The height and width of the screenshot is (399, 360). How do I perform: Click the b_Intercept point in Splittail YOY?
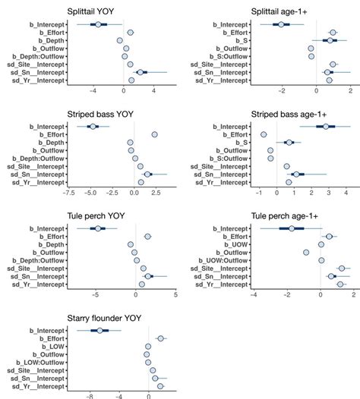point(97,25)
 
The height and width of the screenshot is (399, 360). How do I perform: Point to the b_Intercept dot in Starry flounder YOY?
point(99,331)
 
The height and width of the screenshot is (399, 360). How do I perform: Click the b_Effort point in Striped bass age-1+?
point(264,134)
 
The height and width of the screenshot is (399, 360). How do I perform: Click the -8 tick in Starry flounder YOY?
point(90,396)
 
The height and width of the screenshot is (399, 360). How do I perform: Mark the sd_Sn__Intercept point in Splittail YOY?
point(141,72)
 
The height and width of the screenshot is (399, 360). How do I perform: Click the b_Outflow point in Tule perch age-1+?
point(306,253)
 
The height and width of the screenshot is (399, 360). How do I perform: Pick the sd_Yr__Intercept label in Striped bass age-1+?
point(220,182)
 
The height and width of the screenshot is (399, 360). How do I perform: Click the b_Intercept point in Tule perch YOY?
point(97,228)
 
